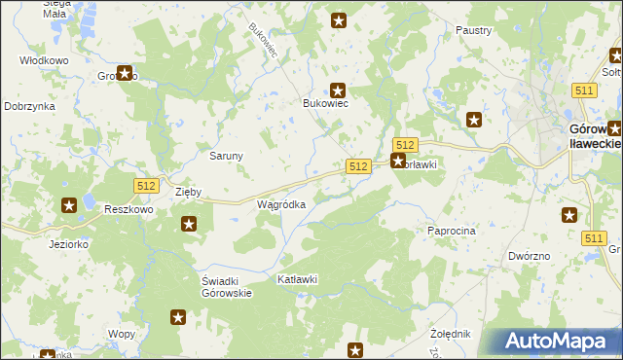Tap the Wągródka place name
tap(281, 205)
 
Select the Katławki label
tap(298, 280)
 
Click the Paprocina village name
tap(451, 231)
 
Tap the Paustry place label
tap(473, 31)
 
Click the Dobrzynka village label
tap(28, 106)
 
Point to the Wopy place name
tap(122, 334)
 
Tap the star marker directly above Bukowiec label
tap(338, 90)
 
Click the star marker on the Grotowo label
tap(125, 72)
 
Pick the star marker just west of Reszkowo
tap(69, 205)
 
